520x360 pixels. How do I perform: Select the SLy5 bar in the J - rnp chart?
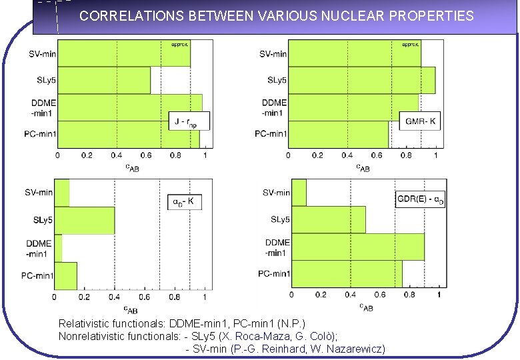click(x=103, y=80)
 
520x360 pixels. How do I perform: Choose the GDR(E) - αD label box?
click(x=420, y=198)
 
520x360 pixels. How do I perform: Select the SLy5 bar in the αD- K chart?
click(x=84, y=220)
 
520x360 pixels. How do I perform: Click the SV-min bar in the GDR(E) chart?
click(x=299, y=193)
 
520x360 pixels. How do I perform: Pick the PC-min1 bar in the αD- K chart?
click(x=65, y=275)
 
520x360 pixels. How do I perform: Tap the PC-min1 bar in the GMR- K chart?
click(x=338, y=134)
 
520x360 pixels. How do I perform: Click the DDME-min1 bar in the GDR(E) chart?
click(x=358, y=247)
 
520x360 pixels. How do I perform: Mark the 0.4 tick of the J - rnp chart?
click(x=116, y=155)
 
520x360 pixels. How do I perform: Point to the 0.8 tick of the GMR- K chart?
click(x=405, y=155)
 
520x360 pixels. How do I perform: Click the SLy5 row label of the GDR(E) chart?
click(x=280, y=219)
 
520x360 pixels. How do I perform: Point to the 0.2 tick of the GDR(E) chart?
click(x=321, y=294)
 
